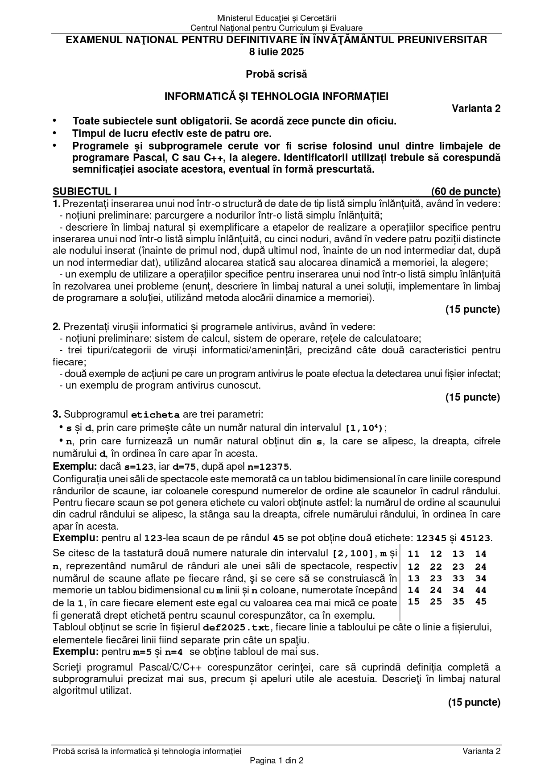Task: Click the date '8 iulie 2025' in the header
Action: [276, 52]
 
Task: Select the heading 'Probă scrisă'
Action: [276, 74]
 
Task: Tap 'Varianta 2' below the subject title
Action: [476, 108]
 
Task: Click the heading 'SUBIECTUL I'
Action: [85, 191]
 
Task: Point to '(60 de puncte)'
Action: [466, 191]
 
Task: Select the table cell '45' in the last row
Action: [481, 601]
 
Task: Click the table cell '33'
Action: [458, 578]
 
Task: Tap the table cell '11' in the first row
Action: [414, 554]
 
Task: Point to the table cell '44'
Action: [481, 590]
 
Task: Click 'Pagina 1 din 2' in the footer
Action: [276, 761]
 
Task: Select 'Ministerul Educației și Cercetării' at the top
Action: [276, 18]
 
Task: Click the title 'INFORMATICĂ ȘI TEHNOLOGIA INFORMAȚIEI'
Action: [276, 96]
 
